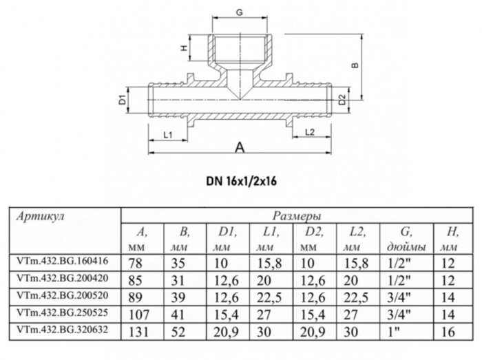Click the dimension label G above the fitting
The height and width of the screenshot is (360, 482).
239,12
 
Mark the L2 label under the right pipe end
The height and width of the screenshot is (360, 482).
309,131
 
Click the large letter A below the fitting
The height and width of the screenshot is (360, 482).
240,147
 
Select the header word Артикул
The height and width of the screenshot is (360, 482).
39,216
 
